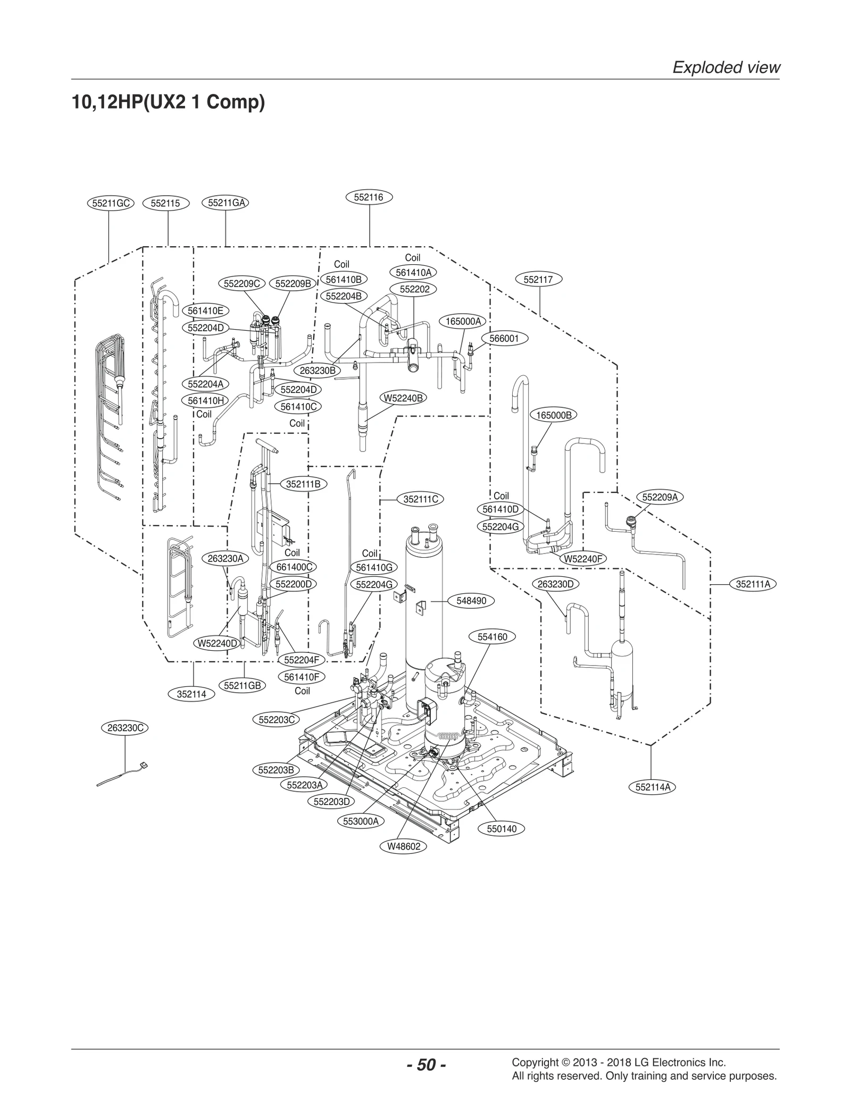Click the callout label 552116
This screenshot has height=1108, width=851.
click(x=369, y=197)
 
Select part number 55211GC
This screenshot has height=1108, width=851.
click(x=111, y=203)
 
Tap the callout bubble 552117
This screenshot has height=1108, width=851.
click(x=538, y=280)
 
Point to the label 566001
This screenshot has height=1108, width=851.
click(x=504, y=339)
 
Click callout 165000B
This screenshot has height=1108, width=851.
click(x=554, y=415)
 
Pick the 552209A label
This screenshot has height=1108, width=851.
click(x=660, y=497)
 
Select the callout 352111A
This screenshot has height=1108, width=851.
click(x=753, y=584)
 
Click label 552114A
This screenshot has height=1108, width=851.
click(x=652, y=787)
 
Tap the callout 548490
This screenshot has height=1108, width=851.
click(x=471, y=601)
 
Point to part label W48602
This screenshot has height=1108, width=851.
click(x=404, y=846)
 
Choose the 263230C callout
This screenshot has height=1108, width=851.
click(x=125, y=728)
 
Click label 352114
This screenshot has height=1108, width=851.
click(x=191, y=694)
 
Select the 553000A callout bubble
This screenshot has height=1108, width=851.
click(x=361, y=821)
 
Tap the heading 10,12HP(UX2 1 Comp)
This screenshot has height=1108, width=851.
click(x=168, y=102)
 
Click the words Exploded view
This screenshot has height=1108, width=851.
click(x=726, y=68)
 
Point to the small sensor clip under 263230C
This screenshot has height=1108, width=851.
click(x=142, y=766)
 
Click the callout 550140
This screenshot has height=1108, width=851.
click(x=502, y=829)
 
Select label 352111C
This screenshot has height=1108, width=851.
click(x=420, y=499)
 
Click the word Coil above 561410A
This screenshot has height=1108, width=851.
click(x=412, y=258)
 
